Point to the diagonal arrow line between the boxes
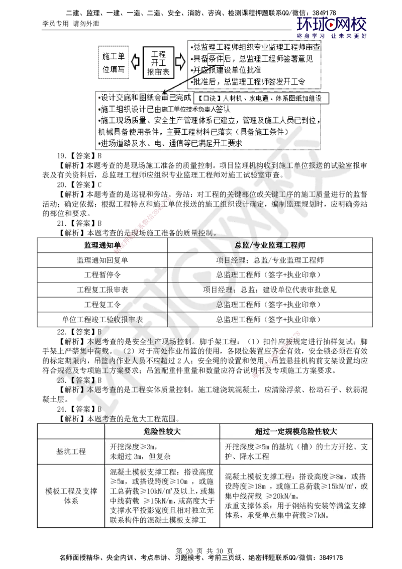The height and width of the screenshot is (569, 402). coord(190,78)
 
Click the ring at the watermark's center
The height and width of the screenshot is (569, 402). coord(207,286)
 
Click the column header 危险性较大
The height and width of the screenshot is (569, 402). coord(161,431)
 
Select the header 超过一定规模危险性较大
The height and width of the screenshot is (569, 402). coord(296,431)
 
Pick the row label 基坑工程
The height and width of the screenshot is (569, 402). coord(71,451)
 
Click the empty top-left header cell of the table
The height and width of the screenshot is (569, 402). coord(71,431)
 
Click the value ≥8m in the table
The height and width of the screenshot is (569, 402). coord(335,476)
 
